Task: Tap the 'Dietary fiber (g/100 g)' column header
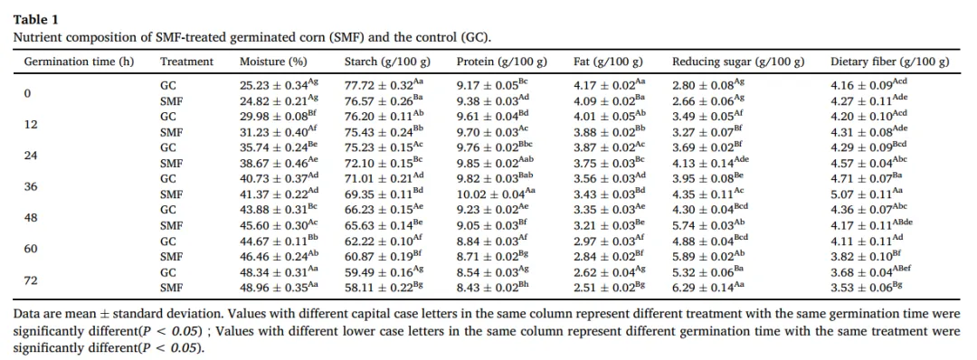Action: (x=890, y=62)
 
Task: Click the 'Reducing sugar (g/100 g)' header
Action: (x=738, y=62)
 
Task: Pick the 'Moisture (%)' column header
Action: (x=273, y=62)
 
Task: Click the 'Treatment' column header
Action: (x=187, y=62)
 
